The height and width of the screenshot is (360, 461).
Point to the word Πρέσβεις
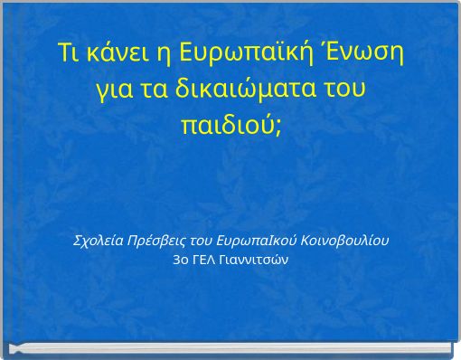click(153, 242)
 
